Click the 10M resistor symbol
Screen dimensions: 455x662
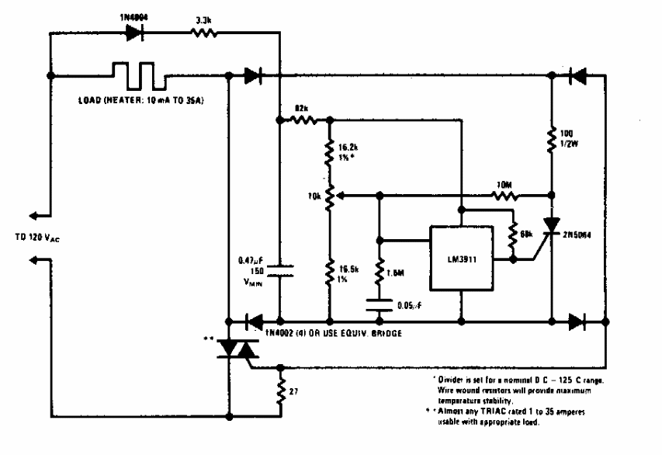click(x=507, y=195)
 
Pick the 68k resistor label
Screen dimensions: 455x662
click(x=527, y=233)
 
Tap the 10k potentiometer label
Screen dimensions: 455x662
click(x=314, y=196)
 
